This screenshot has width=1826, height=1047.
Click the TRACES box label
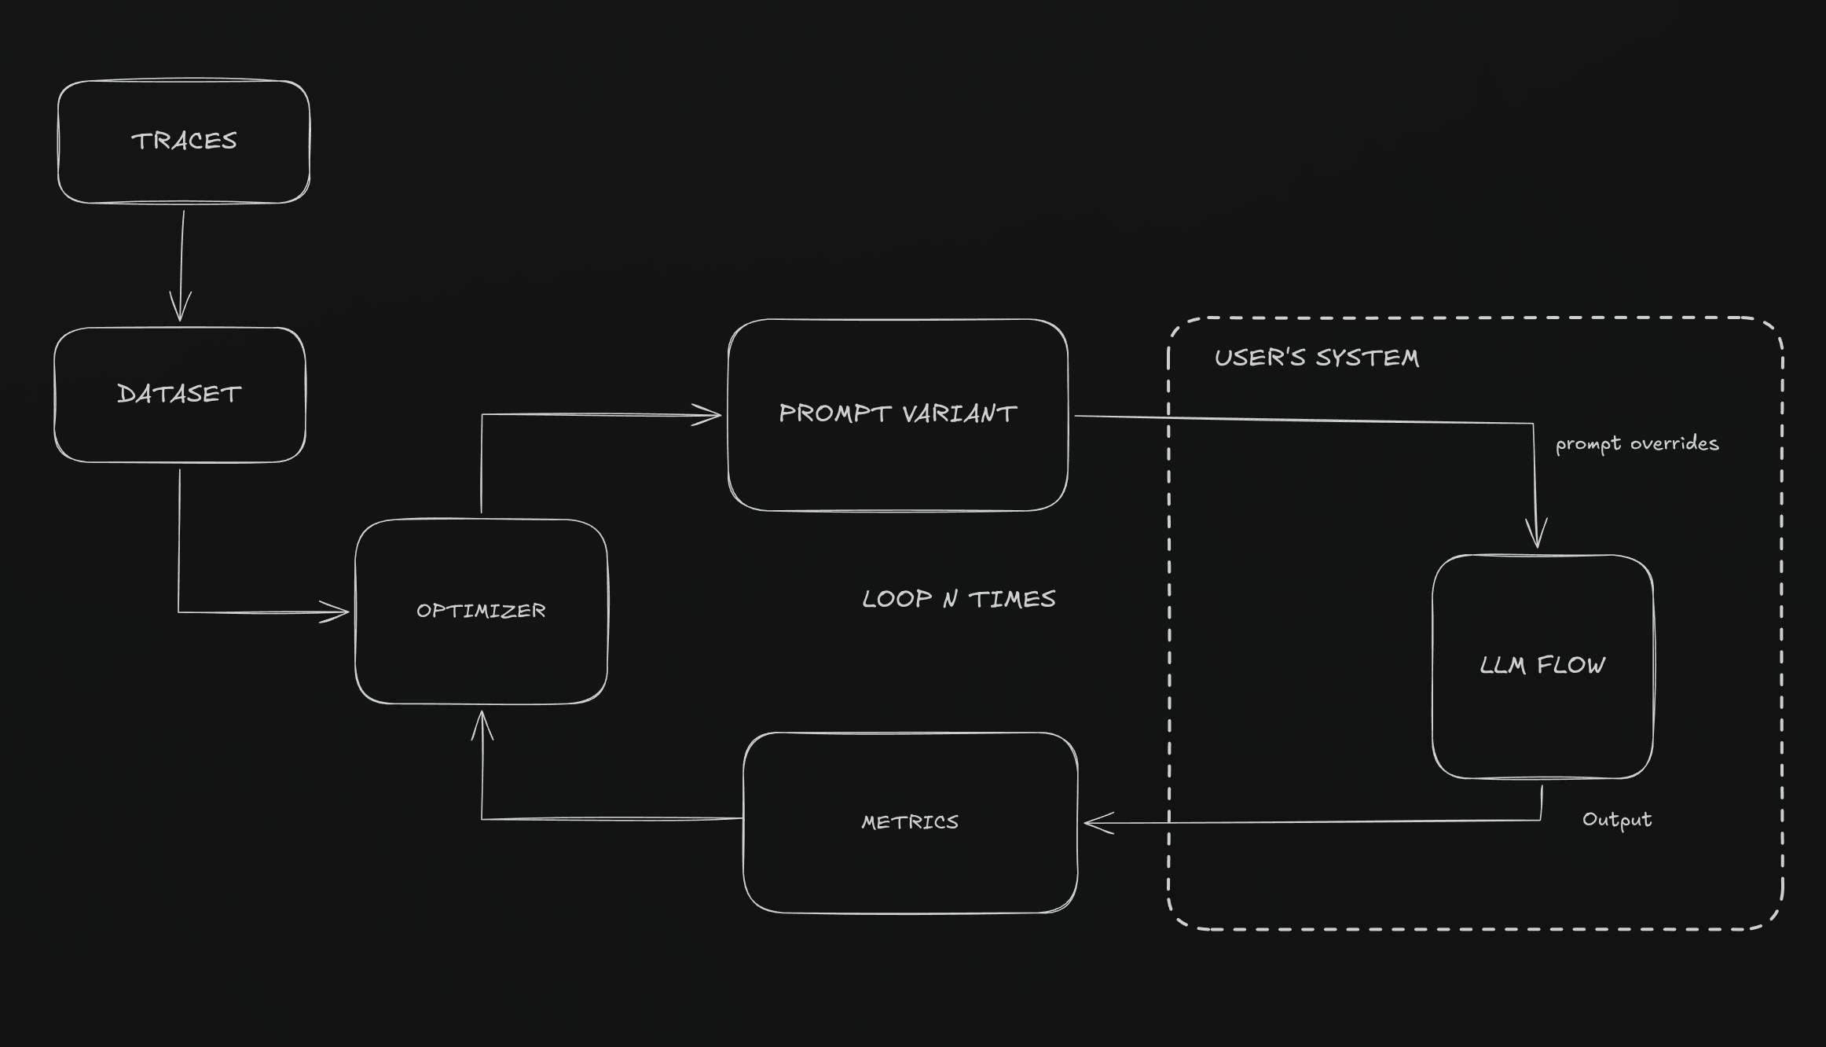click(184, 141)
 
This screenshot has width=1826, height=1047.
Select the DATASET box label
click(179, 394)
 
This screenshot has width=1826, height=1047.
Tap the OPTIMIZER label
click(481, 611)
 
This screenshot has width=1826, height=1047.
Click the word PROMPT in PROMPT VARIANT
click(835, 413)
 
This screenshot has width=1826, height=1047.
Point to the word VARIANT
click(959, 413)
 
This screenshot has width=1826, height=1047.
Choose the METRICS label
click(910, 822)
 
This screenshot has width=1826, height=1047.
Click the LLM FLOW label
click(1542, 665)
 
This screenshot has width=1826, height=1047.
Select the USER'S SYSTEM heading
click(1317, 358)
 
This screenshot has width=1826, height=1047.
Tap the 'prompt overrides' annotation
click(1637, 444)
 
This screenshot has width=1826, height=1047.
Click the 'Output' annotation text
click(1617, 820)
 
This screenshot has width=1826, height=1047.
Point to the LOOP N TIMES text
click(959, 599)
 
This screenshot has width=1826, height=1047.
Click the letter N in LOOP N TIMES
click(951, 599)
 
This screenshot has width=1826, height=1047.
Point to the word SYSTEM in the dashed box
click(1368, 358)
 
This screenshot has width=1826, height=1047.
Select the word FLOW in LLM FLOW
click(1571, 665)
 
